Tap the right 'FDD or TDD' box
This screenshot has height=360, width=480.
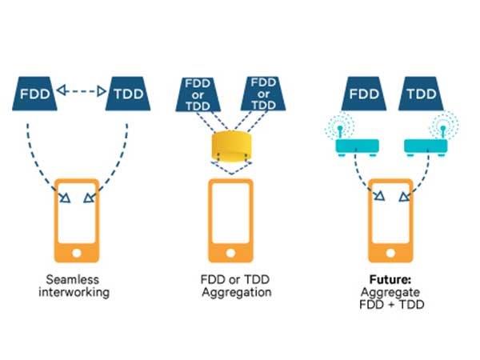point(264,93)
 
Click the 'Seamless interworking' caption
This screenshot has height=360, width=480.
point(77,286)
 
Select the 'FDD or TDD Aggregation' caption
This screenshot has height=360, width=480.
point(232,286)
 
